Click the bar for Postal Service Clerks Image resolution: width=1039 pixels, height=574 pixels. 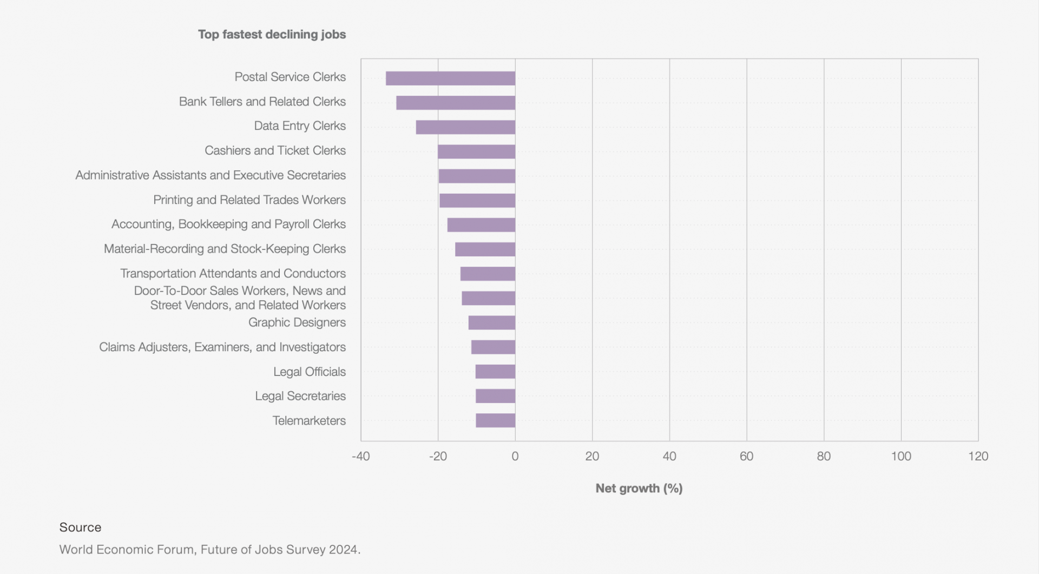[450, 78]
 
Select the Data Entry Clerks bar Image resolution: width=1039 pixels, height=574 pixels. [465, 127]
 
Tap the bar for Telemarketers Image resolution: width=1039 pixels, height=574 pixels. [495, 420]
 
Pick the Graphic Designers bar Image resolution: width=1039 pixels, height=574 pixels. [491, 322]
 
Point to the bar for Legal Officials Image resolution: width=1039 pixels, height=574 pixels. [495, 372]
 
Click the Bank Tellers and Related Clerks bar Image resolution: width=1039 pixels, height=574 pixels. [456, 103]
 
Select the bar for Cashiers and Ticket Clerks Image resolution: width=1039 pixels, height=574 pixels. [476, 151]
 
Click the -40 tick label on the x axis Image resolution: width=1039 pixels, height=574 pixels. [360, 456]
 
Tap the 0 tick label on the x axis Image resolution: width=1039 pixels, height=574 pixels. [515, 456]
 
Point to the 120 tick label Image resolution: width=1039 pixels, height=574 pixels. [978, 456]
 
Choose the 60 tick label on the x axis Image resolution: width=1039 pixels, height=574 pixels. [746, 456]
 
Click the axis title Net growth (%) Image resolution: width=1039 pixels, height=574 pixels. [639, 488]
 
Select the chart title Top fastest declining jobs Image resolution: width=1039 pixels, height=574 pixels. [272, 34]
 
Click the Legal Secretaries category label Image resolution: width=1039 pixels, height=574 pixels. [300, 396]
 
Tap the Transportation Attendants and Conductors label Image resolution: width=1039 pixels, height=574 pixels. [233, 273]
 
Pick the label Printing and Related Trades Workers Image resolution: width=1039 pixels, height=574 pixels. [249, 200]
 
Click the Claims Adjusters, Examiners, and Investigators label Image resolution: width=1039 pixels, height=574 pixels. [222, 347]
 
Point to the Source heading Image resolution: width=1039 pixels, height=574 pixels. [80, 527]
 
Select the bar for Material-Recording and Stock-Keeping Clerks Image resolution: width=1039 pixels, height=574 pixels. [485, 249]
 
